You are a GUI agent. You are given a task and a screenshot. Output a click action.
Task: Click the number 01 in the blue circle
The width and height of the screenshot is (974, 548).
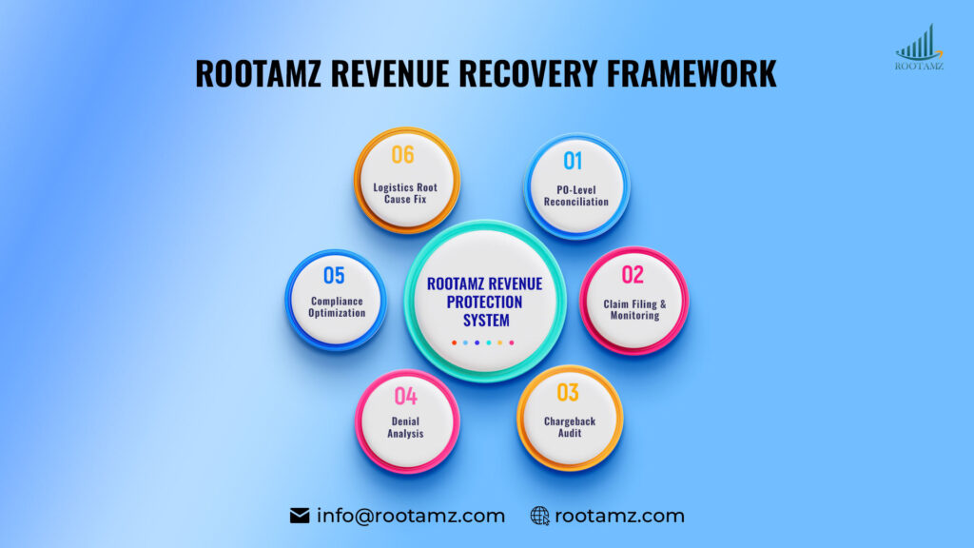pos(573,160)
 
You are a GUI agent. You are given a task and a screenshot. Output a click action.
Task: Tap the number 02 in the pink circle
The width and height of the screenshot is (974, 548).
pos(633,275)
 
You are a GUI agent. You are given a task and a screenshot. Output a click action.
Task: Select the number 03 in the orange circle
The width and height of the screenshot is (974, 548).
pos(568,392)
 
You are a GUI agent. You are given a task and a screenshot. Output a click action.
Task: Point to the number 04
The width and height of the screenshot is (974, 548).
pos(405,396)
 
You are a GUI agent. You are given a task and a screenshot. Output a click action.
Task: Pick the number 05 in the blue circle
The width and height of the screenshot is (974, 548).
pos(334,276)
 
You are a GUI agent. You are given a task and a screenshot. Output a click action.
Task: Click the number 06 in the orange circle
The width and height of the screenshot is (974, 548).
pos(403,155)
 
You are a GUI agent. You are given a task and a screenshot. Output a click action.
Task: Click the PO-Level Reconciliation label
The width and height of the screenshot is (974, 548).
pos(576,194)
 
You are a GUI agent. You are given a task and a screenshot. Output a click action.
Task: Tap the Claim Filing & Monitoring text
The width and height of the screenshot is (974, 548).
pos(633,309)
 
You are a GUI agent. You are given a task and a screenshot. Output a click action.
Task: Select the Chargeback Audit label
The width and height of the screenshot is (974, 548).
pos(569,426)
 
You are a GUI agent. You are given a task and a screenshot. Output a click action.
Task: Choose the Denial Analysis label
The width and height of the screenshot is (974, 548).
pos(405,427)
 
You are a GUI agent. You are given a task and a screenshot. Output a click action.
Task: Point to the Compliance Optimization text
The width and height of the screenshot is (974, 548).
pos(337,307)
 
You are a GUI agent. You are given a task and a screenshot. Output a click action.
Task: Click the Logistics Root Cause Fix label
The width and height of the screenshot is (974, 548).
pos(405,193)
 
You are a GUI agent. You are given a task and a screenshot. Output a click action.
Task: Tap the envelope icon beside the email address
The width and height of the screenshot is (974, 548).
pos(300,517)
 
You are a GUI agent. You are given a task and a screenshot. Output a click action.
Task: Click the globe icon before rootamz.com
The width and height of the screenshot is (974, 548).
pos(540,517)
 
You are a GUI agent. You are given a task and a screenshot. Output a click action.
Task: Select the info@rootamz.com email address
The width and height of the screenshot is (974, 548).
pos(411,517)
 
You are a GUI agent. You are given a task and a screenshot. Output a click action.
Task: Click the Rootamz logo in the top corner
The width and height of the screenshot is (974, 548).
pos(919,48)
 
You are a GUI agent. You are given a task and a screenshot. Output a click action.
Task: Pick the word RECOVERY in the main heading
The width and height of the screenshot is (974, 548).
pos(506,73)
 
